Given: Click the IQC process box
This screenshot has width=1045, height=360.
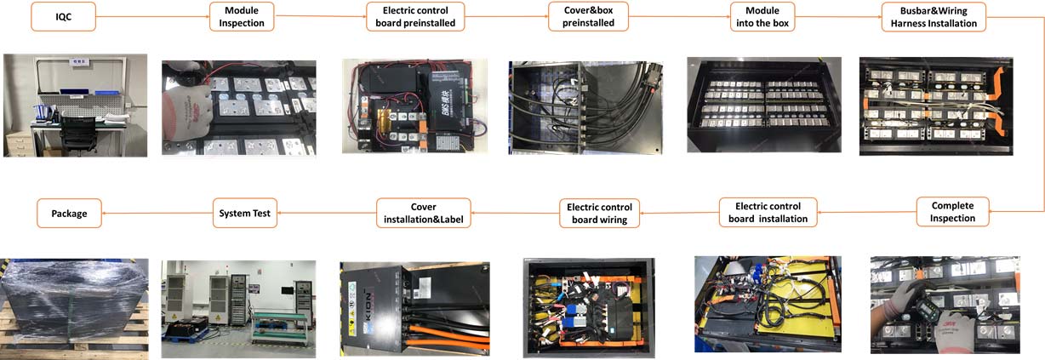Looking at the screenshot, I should click(x=64, y=16).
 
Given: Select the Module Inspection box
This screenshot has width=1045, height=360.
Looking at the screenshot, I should click(x=243, y=16).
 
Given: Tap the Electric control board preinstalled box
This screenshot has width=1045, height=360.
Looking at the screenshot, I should click(x=416, y=16).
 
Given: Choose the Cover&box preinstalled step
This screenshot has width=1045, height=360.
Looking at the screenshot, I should click(x=588, y=16).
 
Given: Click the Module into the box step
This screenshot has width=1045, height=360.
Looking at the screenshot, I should click(x=762, y=16).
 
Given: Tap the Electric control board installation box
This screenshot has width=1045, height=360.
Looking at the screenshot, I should click(x=768, y=212).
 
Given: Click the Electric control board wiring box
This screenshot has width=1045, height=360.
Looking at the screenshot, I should click(x=599, y=213).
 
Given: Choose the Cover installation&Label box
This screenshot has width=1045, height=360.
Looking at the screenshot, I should click(x=423, y=213).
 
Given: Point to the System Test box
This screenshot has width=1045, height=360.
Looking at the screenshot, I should click(x=245, y=213).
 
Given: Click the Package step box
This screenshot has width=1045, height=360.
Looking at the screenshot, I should click(x=69, y=213).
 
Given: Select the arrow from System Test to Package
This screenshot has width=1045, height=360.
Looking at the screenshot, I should click(x=157, y=213).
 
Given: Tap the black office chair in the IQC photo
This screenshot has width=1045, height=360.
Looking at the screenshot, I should click(x=79, y=134).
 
